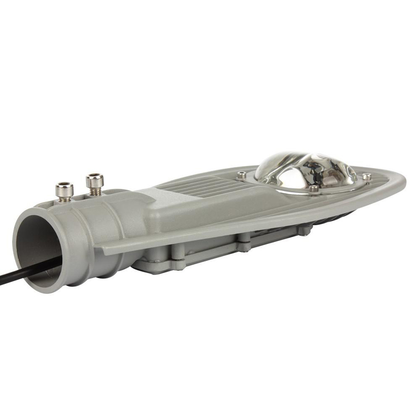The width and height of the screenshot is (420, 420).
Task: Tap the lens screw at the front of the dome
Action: (x=313, y=188)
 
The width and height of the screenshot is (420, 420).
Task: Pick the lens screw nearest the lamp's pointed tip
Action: (x=367, y=176)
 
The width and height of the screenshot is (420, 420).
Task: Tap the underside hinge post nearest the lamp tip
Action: (x=303, y=229)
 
